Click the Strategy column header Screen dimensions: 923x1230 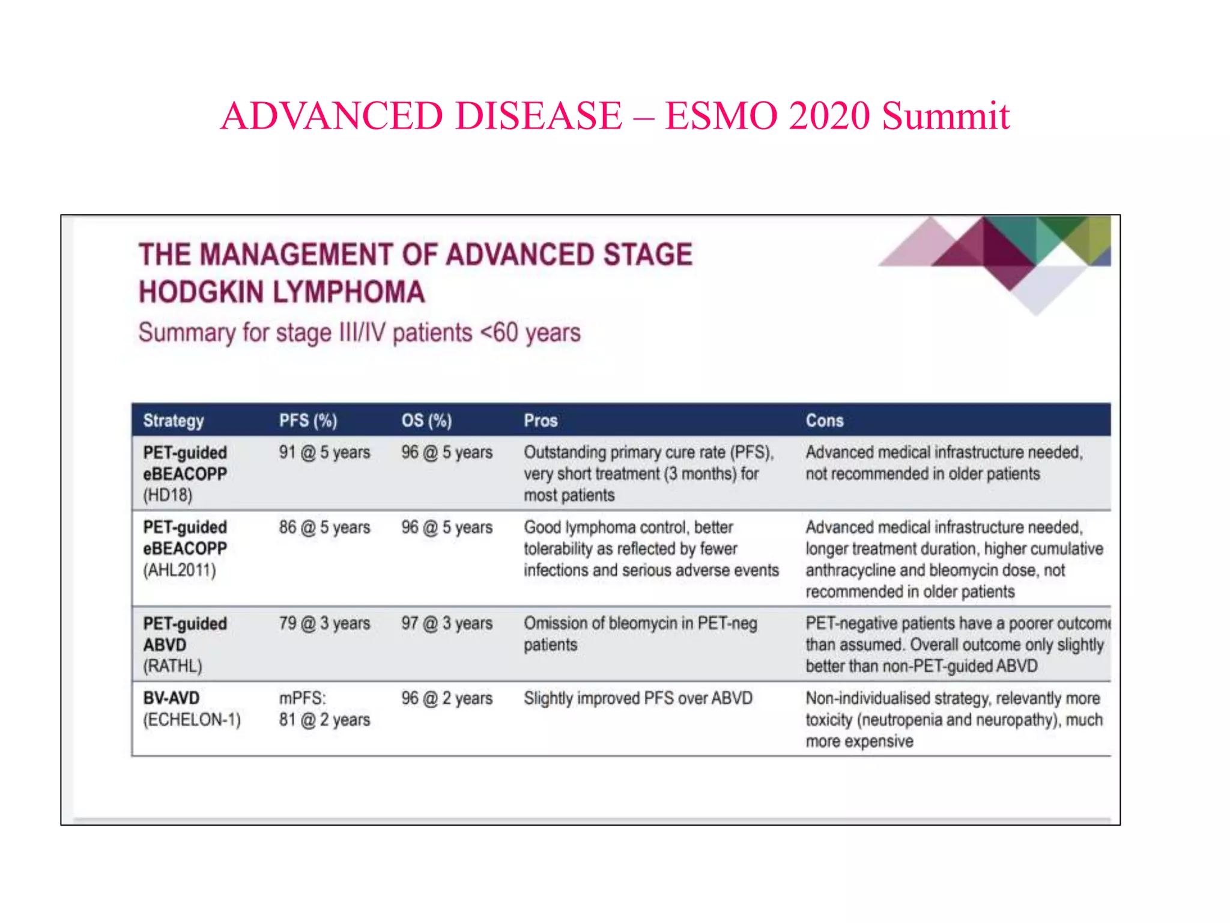coord(174,421)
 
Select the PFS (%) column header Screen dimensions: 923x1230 coord(308,421)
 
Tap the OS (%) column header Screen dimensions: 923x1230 coord(426,421)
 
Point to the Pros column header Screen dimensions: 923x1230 coord(541,421)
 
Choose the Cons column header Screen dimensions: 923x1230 coord(825,421)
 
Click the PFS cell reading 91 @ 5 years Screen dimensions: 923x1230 coord(324,452)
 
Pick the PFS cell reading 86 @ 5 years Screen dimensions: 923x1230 coord(324,528)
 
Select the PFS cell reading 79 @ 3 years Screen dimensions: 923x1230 coord(324,623)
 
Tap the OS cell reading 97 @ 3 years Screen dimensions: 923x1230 coord(447,623)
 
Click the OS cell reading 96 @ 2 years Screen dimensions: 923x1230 coord(447,698)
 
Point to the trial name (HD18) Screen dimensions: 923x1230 coord(168,495)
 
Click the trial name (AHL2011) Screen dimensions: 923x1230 coord(179,570)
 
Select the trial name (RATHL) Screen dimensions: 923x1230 coord(172,666)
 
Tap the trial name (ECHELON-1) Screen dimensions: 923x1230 coord(192,719)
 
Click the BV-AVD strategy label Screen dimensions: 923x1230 coord(171,698)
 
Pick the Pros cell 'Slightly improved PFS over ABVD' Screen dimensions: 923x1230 coord(638,698)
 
